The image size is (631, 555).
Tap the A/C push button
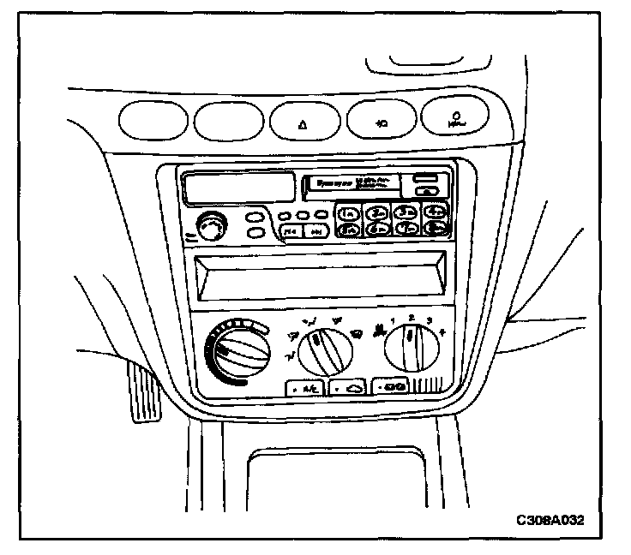pyautogui.click(x=303, y=388)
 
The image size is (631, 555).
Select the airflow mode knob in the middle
pyautogui.click(x=321, y=346)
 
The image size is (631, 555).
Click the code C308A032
pyautogui.click(x=553, y=520)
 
